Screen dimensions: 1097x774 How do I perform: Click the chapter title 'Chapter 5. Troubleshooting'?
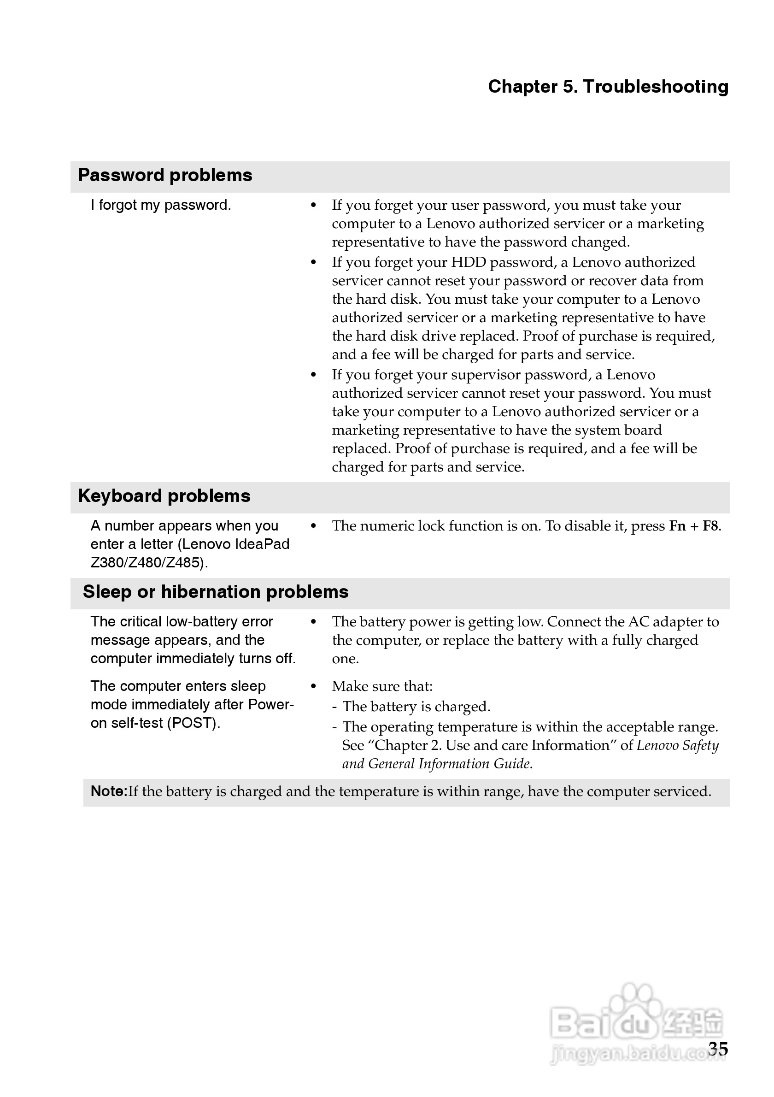pos(608,87)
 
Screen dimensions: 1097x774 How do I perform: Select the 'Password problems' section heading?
pos(165,175)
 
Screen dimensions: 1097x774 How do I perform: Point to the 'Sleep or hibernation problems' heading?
pos(215,592)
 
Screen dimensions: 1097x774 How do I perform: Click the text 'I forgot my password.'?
pos(160,205)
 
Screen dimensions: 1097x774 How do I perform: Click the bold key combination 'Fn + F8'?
pos(693,526)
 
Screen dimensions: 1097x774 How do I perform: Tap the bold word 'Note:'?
pos(109,791)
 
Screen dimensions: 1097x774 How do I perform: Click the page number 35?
pos(718,1049)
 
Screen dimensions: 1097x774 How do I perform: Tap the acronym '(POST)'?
pos(193,723)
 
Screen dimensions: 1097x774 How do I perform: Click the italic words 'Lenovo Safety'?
pos(678,745)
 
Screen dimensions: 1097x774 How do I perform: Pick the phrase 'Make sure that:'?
pos(382,687)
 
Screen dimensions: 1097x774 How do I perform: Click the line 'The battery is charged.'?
pos(416,707)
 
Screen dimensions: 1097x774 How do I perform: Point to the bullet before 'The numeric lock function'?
pos(313,526)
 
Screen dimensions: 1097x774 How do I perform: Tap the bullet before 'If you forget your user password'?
pos(313,206)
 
